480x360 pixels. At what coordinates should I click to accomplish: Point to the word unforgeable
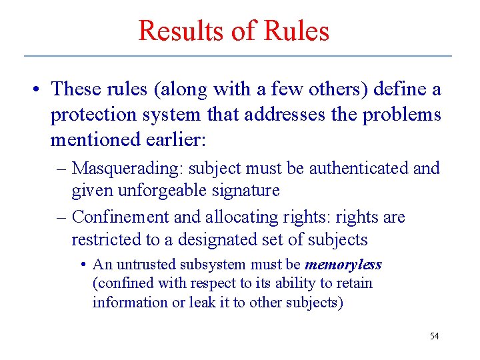pyautogui.click(x=159, y=190)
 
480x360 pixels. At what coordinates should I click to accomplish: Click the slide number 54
pyautogui.click(x=434, y=336)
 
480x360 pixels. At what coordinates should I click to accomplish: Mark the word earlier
pyautogui.click(x=173, y=141)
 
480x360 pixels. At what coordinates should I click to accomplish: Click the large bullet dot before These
pyautogui.click(x=39, y=89)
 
